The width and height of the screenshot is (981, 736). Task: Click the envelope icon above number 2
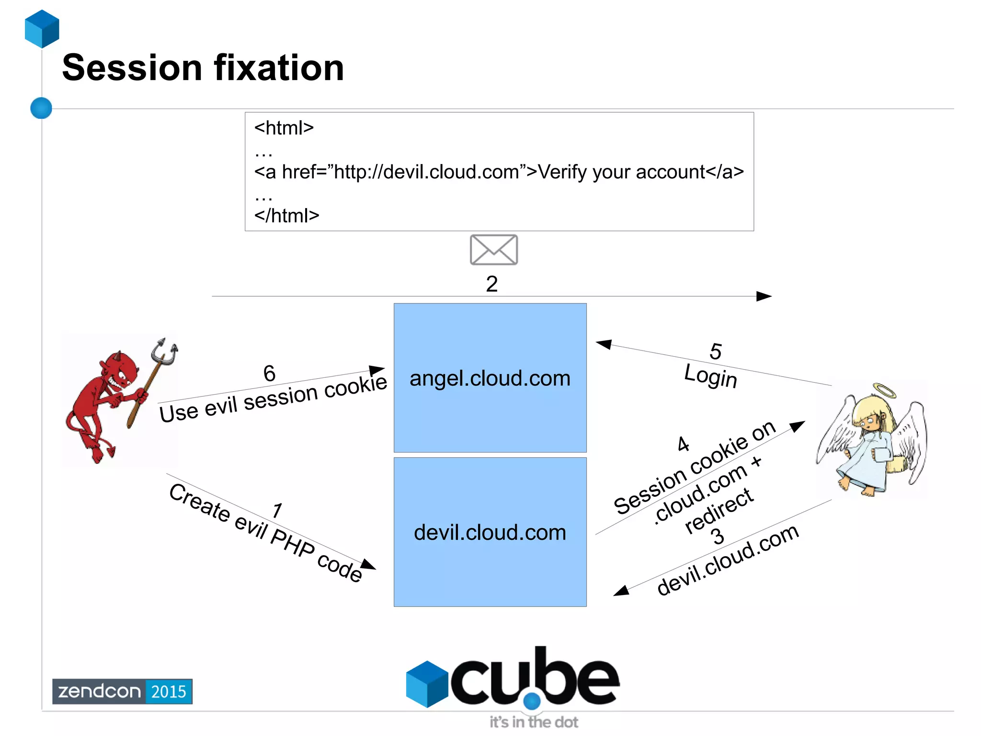tap(493, 250)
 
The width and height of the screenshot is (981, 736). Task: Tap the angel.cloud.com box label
tap(490, 378)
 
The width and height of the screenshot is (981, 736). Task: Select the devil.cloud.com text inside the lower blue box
tap(490, 533)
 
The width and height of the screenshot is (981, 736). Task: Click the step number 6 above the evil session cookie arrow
tap(269, 374)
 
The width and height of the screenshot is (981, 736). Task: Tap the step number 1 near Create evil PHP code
tap(277, 511)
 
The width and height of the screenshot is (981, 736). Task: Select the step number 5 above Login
tap(715, 351)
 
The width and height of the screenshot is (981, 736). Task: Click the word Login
tap(710, 375)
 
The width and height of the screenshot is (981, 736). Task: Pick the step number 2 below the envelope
tap(491, 284)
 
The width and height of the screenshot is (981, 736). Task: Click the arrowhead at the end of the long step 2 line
tap(764, 296)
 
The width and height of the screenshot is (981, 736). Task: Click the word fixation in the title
tap(279, 68)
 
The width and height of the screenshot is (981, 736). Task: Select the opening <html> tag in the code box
tap(284, 128)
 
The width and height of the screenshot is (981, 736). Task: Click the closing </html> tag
tap(286, 216)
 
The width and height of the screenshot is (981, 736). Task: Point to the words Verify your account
tap(621, 172)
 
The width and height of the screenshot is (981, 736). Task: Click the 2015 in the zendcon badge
tap(168, 691)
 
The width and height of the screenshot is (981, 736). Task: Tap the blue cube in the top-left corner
tap(42, 29)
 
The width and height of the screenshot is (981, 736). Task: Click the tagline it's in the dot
tap(533, 722)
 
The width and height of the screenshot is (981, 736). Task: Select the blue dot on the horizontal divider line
tap(41, 108)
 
